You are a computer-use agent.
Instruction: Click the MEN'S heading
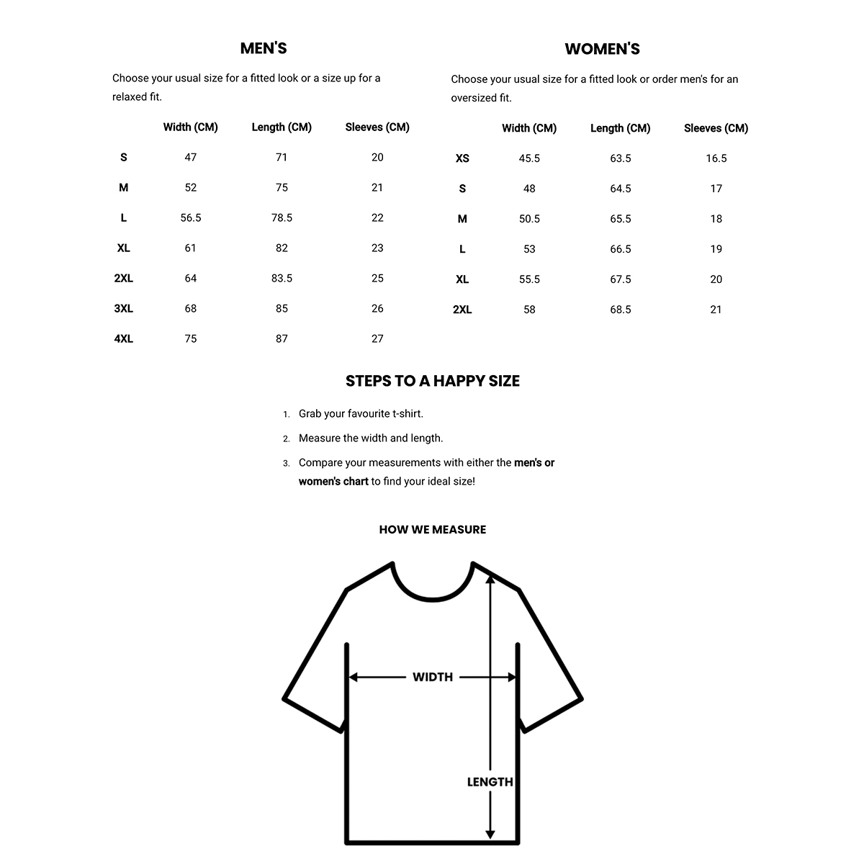tap(264, 48)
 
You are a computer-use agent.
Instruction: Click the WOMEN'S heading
tap(602, 49)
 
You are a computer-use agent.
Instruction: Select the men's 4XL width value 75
tap(191, 338)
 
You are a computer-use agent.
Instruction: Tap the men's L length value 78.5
tap(282, 217)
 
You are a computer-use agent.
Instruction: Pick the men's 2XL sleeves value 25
tap(377, 278)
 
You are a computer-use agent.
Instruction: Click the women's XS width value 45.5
tap(529, 158)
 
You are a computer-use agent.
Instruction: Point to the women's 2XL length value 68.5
tap(621, 310)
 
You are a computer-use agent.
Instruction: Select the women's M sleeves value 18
tap(716, 219)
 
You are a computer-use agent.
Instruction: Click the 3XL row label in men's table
tap(124, 308)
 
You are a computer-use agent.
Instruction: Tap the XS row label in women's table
tap(462, 158)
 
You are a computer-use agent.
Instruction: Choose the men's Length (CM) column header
tap(282, 127)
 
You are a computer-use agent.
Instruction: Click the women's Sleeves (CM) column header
tap(716, 128)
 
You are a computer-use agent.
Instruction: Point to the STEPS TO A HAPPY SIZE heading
tap(432, 381)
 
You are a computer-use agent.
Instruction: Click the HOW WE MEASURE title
tap(432, 529)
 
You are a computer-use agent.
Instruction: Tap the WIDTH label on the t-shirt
tap(433, 677)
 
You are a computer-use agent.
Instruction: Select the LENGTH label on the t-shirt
tap(490, 782)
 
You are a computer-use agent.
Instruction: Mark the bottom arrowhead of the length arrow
tap(490, 834)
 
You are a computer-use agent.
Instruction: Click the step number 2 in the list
tap(286, 438)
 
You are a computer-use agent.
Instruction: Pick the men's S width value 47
tap(191, 157)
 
